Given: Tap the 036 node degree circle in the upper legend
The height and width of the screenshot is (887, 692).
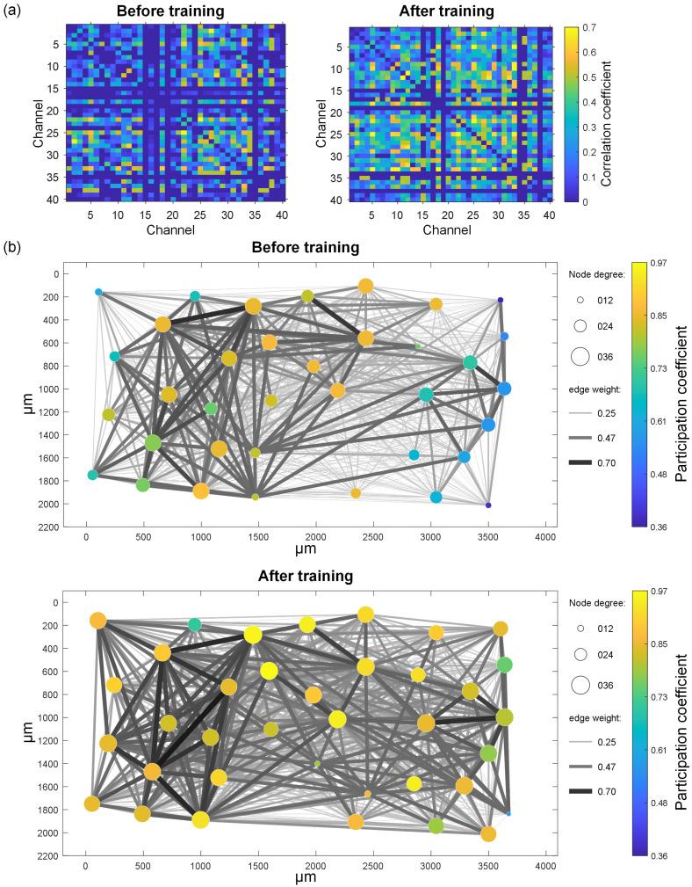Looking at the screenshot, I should tap(580, 356).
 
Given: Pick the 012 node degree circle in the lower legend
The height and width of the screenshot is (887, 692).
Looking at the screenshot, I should tap(580, 629).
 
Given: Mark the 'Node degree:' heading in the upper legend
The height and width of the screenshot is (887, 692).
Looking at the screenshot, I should tap(595, 274).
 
